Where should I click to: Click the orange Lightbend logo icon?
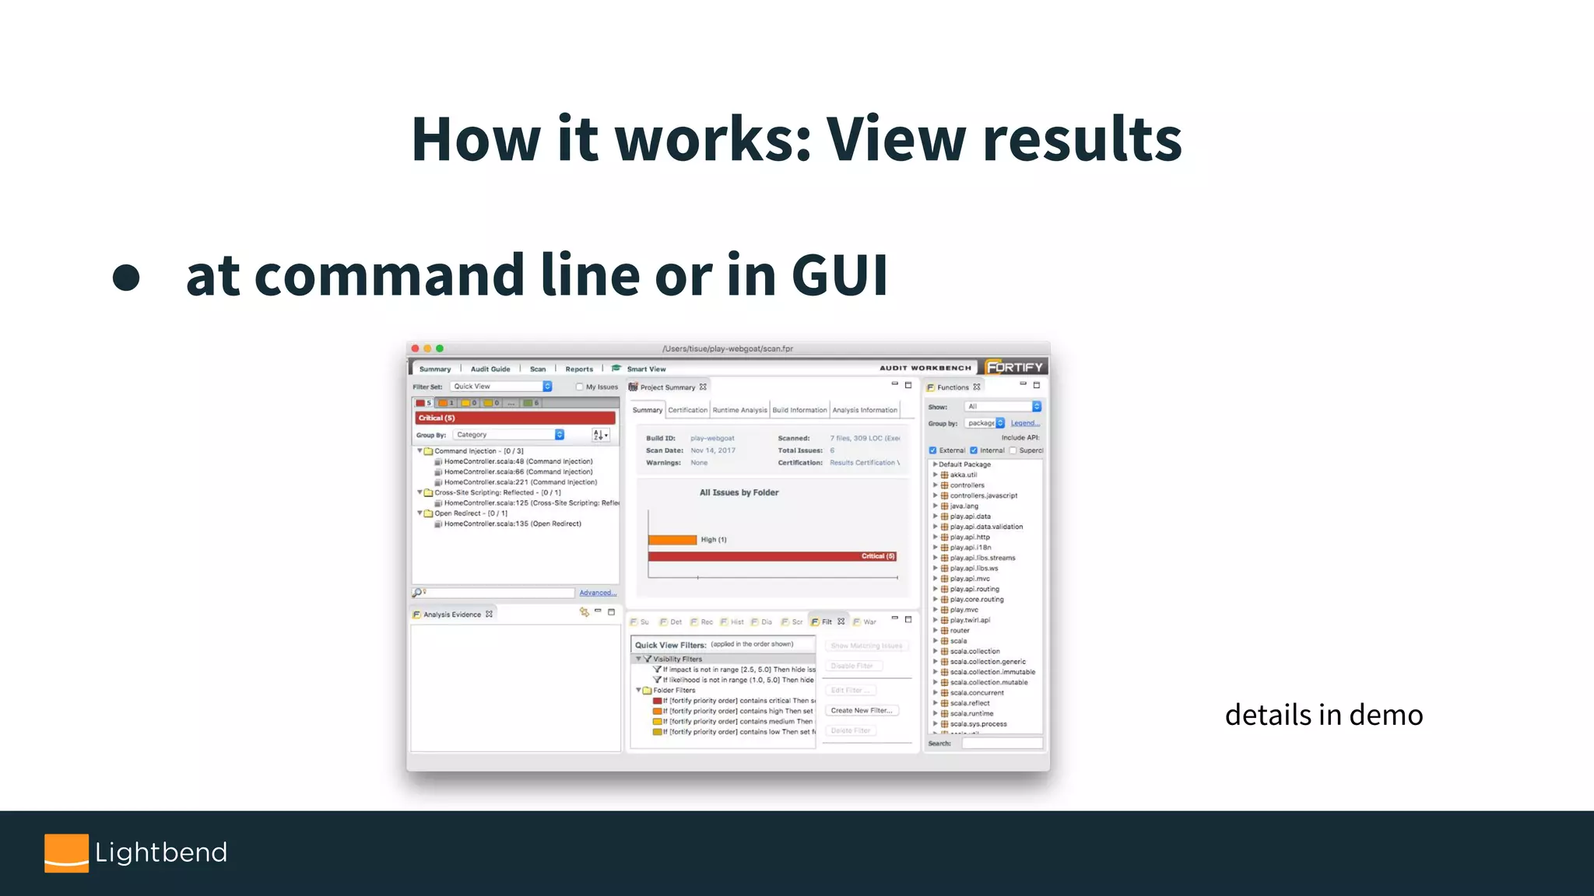point(66,852)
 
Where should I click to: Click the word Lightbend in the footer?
point(161,852)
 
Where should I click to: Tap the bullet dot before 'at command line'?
point(126,278)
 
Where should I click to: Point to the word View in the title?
point(894,139)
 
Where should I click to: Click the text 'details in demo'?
point(1323,715)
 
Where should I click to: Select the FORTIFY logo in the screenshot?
point(1014,367)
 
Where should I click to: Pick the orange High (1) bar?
point(672,540)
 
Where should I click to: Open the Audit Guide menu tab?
point(490,369)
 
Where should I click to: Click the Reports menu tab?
point(579,369)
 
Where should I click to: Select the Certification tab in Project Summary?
point(687,410)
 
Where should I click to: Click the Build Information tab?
point(799,410)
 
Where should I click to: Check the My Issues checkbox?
point(579,387)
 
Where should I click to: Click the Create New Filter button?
point(862,710)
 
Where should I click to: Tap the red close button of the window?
point(416,348)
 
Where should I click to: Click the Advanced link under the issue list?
point(597,593)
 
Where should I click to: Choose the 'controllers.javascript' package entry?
point(983,495)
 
